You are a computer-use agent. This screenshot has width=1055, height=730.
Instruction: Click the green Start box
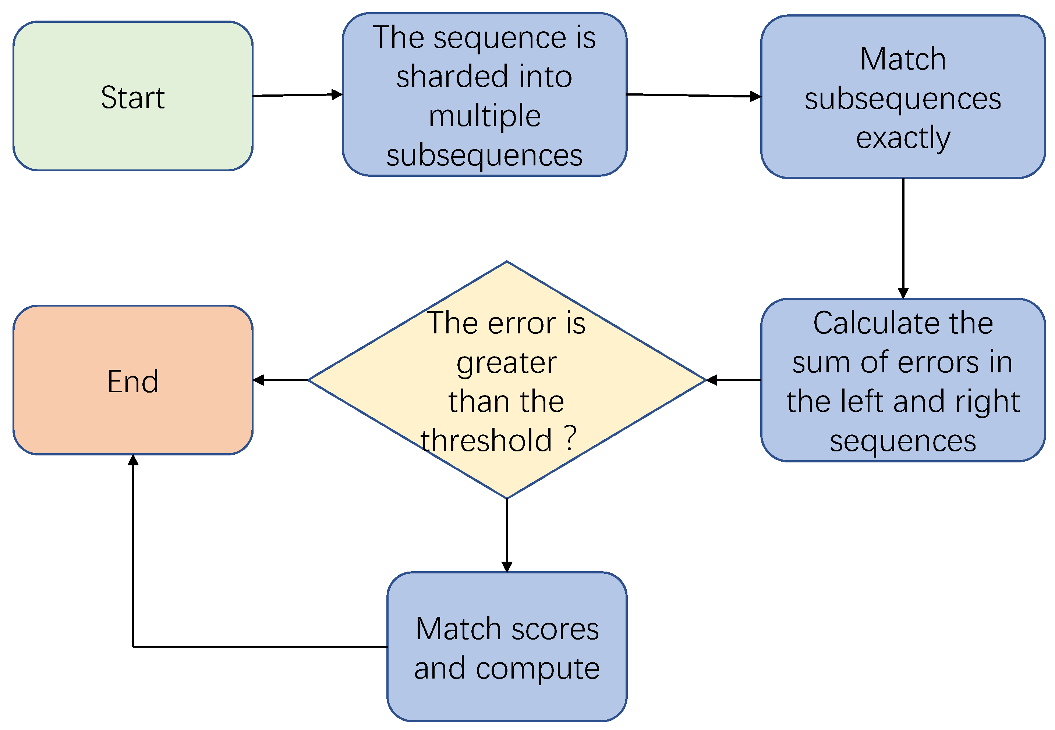(133, 96)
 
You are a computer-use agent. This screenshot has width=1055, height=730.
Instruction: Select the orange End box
(133, 380)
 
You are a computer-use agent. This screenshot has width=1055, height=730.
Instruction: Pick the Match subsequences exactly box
(903, 97)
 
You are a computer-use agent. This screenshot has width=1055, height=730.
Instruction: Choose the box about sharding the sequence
(485, 94)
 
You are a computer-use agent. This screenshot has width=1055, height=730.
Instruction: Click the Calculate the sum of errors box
(903, 380)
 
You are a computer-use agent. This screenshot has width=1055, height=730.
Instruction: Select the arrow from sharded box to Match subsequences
(693, 95)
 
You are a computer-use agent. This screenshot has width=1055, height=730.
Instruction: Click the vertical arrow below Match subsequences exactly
(903, 238)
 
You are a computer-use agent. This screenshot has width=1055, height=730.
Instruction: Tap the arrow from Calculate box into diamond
(733, 380)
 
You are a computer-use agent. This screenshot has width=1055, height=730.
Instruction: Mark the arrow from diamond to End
(280, 380)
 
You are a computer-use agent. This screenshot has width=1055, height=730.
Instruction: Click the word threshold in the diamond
(486, 440)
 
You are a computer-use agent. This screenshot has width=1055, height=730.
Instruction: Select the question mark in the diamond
(570, 438)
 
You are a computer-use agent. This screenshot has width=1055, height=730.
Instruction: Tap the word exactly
(903, 138)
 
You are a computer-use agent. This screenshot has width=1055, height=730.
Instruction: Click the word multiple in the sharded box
(485, 115)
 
